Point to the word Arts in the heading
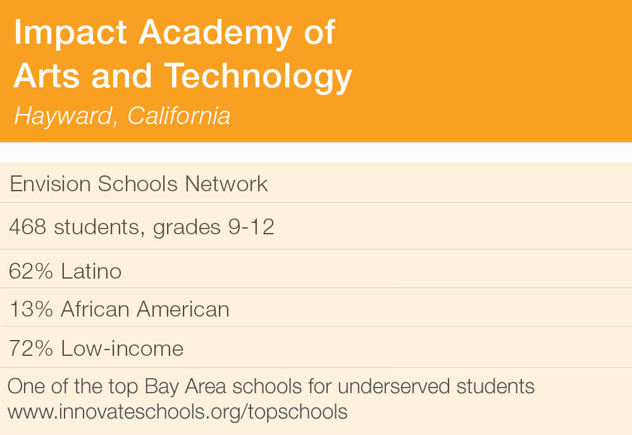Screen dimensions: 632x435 point(47,76)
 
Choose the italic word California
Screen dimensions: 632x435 point(179,116)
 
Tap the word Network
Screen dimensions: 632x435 point(226,184)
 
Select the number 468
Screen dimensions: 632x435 point(27,227)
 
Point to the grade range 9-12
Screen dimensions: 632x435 point(251,227)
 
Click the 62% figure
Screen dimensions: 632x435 point(30,271)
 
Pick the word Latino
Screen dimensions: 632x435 point(91,271)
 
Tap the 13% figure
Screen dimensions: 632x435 point(31,310)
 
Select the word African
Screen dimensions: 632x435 point(95,310)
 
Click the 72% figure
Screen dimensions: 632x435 point(30,348)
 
